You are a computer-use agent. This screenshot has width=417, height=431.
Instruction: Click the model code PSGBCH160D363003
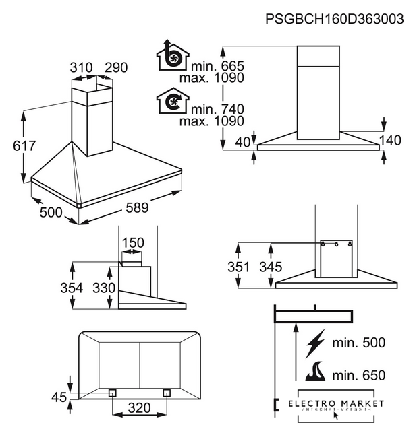click(x=335, y=18)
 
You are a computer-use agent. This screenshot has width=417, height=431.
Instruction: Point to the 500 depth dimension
click(x=50, y=213)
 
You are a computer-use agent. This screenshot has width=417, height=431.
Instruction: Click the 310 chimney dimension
click(x=81, y=68)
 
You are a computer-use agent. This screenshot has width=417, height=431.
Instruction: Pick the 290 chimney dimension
click(x=116, y=68)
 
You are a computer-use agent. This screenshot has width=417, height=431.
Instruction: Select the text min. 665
click(x=217, y=65)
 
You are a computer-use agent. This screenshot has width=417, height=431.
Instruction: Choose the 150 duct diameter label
click(x=132, y=243)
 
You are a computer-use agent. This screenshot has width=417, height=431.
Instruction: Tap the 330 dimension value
click(x=103, y=288)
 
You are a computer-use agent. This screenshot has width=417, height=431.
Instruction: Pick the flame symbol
click(x=316, y=372)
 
